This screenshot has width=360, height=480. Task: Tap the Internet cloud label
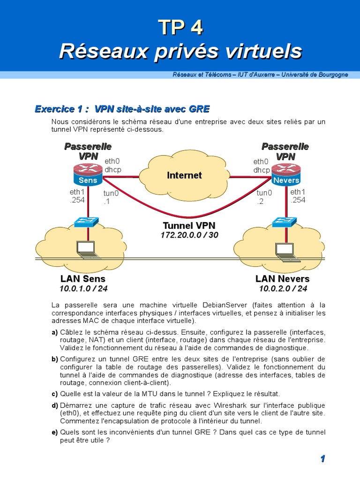[184, 175]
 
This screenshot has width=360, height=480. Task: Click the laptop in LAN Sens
[88, 251]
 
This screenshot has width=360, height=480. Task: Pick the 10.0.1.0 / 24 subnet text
[83, 288]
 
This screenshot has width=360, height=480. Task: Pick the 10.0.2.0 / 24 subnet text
[283, 288]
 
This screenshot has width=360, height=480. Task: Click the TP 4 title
[180, 28]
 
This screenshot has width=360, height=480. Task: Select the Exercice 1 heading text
[122, 109]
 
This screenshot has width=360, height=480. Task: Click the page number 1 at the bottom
[322, 459]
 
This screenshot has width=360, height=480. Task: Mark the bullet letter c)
[54, 394]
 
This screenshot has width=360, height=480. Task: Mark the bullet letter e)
[54, 432]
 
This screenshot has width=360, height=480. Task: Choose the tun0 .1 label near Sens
[111, 197]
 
